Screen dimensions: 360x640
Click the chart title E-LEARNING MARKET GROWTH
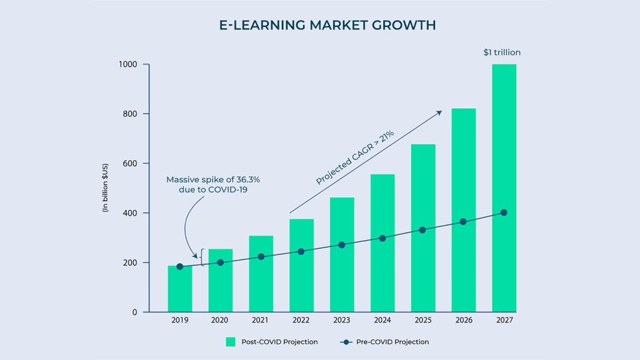point(319,26)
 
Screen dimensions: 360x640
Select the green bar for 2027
point(504,187)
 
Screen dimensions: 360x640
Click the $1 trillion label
point(502,52)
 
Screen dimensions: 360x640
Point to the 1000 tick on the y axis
point(129,64)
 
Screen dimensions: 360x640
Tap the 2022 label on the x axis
point(301,321)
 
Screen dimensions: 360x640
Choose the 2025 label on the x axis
point(423,321)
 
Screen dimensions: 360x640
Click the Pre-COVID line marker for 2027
point(504,212)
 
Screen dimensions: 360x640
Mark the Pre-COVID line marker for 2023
point(342,245)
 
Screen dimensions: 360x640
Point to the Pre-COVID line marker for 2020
point(220,262)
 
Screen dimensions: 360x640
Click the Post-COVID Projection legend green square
point(231,342)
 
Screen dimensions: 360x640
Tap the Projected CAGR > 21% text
point(354,157)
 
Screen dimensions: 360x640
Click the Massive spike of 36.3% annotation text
point(213,184)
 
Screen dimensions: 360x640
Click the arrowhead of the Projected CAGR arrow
point(439,112)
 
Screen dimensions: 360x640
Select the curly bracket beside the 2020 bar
point(202,257)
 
